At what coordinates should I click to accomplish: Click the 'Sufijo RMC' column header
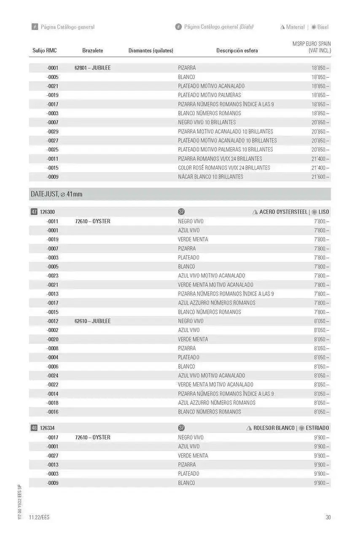[44, 51]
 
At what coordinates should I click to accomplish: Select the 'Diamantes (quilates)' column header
[150, 51]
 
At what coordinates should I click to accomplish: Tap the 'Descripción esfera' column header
[237, 51]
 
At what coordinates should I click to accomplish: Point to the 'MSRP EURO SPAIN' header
[312, 44]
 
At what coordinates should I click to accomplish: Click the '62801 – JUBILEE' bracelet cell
[92, 68]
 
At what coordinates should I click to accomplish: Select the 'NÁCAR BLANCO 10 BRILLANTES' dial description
[210, 177]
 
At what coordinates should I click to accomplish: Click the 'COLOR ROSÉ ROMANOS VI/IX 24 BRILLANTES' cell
[224, 168]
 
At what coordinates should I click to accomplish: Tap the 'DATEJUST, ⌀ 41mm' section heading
[56, 194]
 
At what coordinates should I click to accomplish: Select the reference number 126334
[48, 428]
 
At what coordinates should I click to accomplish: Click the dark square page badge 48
[34, 428]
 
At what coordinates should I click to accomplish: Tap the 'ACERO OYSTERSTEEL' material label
[283, 212]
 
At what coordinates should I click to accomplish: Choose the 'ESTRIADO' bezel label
[317, 428]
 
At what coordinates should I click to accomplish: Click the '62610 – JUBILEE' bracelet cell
[92, 321]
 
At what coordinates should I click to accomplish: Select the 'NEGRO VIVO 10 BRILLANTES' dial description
[207, 122]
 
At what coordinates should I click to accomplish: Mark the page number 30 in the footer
[328, 518]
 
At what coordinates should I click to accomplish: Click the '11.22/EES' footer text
[39, 518]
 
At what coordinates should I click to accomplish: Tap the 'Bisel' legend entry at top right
[323, 27]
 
